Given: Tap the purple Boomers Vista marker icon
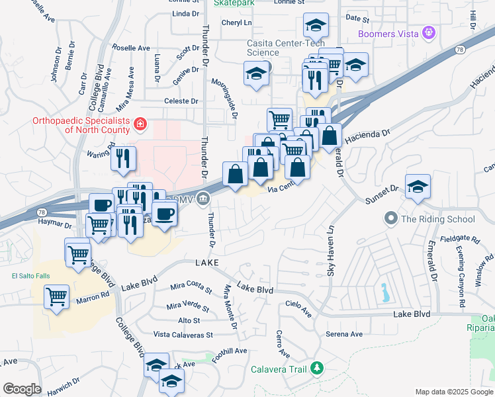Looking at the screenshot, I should pyautogui.click(x=429, y=32).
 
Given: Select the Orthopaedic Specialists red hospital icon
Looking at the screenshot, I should pyautogui.click(x=140, y=124).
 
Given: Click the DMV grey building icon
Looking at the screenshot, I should pyautogui.click(x=203, y=198).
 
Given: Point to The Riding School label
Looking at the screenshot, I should pyautogui.click(x=437, y=219).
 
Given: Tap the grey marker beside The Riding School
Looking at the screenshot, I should pyautogui.click(x=391, y=218).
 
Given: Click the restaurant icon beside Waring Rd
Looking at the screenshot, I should pyautogui.click(x=123, y=158).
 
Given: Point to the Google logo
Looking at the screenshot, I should pyautogui.click(x=22, y=388).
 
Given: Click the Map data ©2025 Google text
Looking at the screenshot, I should pyautogui.click(x=453, y=392).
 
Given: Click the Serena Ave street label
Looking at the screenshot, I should pyautogui.click(x=344, y=334).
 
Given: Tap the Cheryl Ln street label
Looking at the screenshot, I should pyautogui.click(x=237, y=22).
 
